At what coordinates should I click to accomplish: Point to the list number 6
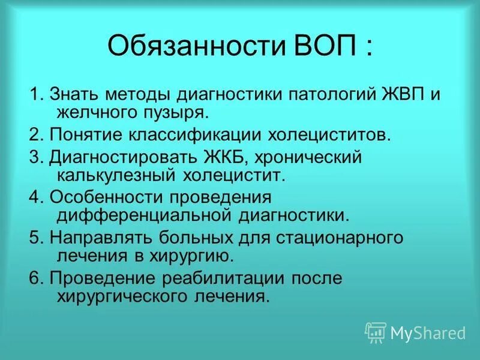point(34,278)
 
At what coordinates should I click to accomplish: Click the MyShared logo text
point(428,331)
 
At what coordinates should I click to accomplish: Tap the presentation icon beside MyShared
point(376,331)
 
